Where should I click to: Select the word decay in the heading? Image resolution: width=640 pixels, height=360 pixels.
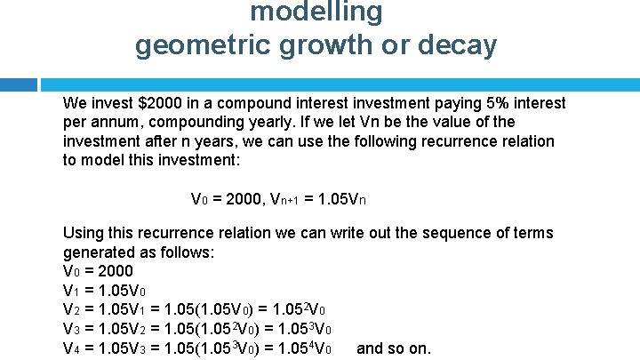pos(458,45)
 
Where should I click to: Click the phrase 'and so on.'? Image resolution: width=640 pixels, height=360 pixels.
pos(393,348)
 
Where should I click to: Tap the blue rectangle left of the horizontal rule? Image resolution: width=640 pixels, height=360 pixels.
pos(18,84)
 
